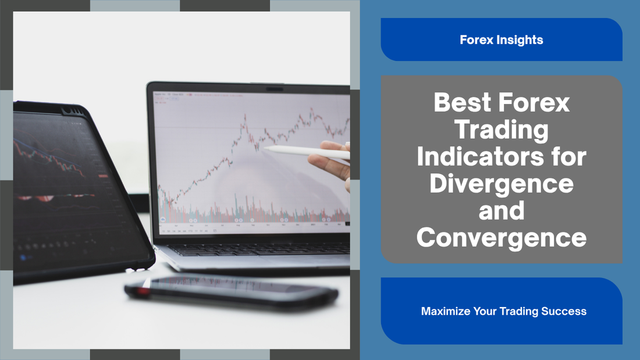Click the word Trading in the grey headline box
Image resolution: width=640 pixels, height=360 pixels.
502,129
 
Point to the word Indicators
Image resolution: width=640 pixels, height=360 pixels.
481,156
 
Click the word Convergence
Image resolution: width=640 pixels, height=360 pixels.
502,237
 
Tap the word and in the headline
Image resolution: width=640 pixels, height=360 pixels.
502,211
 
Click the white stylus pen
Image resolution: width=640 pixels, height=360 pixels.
306,152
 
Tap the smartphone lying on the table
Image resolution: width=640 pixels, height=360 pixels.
232,290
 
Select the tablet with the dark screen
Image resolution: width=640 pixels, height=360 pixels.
77,192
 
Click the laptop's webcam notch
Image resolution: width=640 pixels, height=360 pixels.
274,88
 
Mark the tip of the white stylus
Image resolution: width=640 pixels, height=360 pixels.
264,148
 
